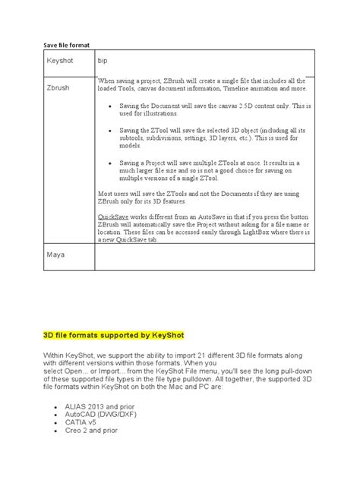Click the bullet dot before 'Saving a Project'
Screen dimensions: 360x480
[111, 163]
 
